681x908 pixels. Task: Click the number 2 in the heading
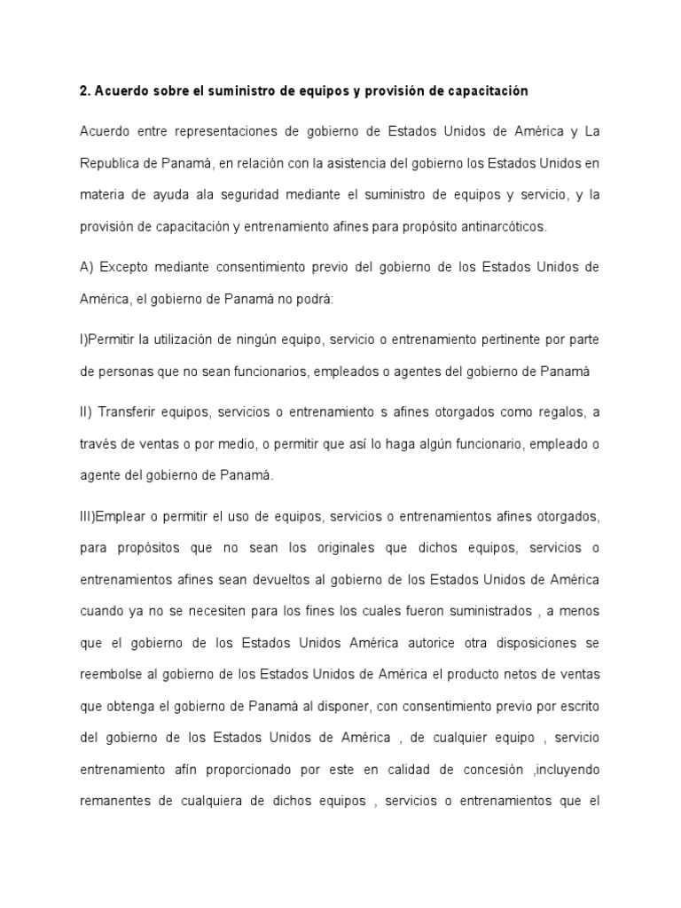click(83, 92)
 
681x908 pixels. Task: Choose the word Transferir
click(131, 413)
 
